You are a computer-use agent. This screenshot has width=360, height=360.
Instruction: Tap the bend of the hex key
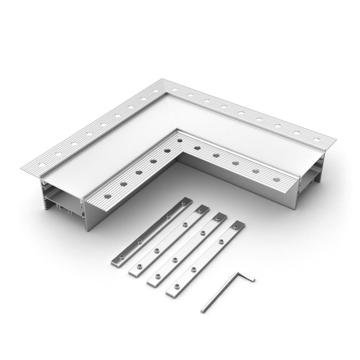235,273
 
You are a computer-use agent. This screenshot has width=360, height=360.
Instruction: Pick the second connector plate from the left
169,240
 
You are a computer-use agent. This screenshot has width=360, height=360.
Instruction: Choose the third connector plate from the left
187,249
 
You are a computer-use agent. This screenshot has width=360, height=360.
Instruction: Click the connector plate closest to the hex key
205,259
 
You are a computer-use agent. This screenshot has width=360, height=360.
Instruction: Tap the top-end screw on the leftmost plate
183,203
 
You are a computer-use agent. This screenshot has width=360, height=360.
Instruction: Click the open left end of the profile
63,198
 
